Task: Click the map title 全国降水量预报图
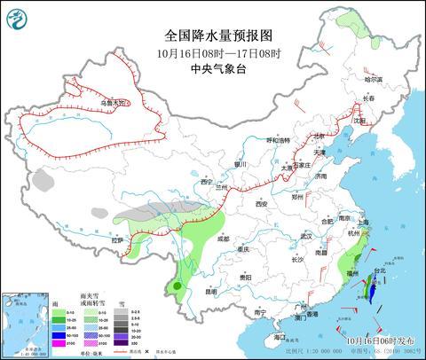coord(213,35)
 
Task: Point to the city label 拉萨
coord(121,239)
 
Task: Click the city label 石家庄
coord(303,164)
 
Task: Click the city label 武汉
coord(306,236)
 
